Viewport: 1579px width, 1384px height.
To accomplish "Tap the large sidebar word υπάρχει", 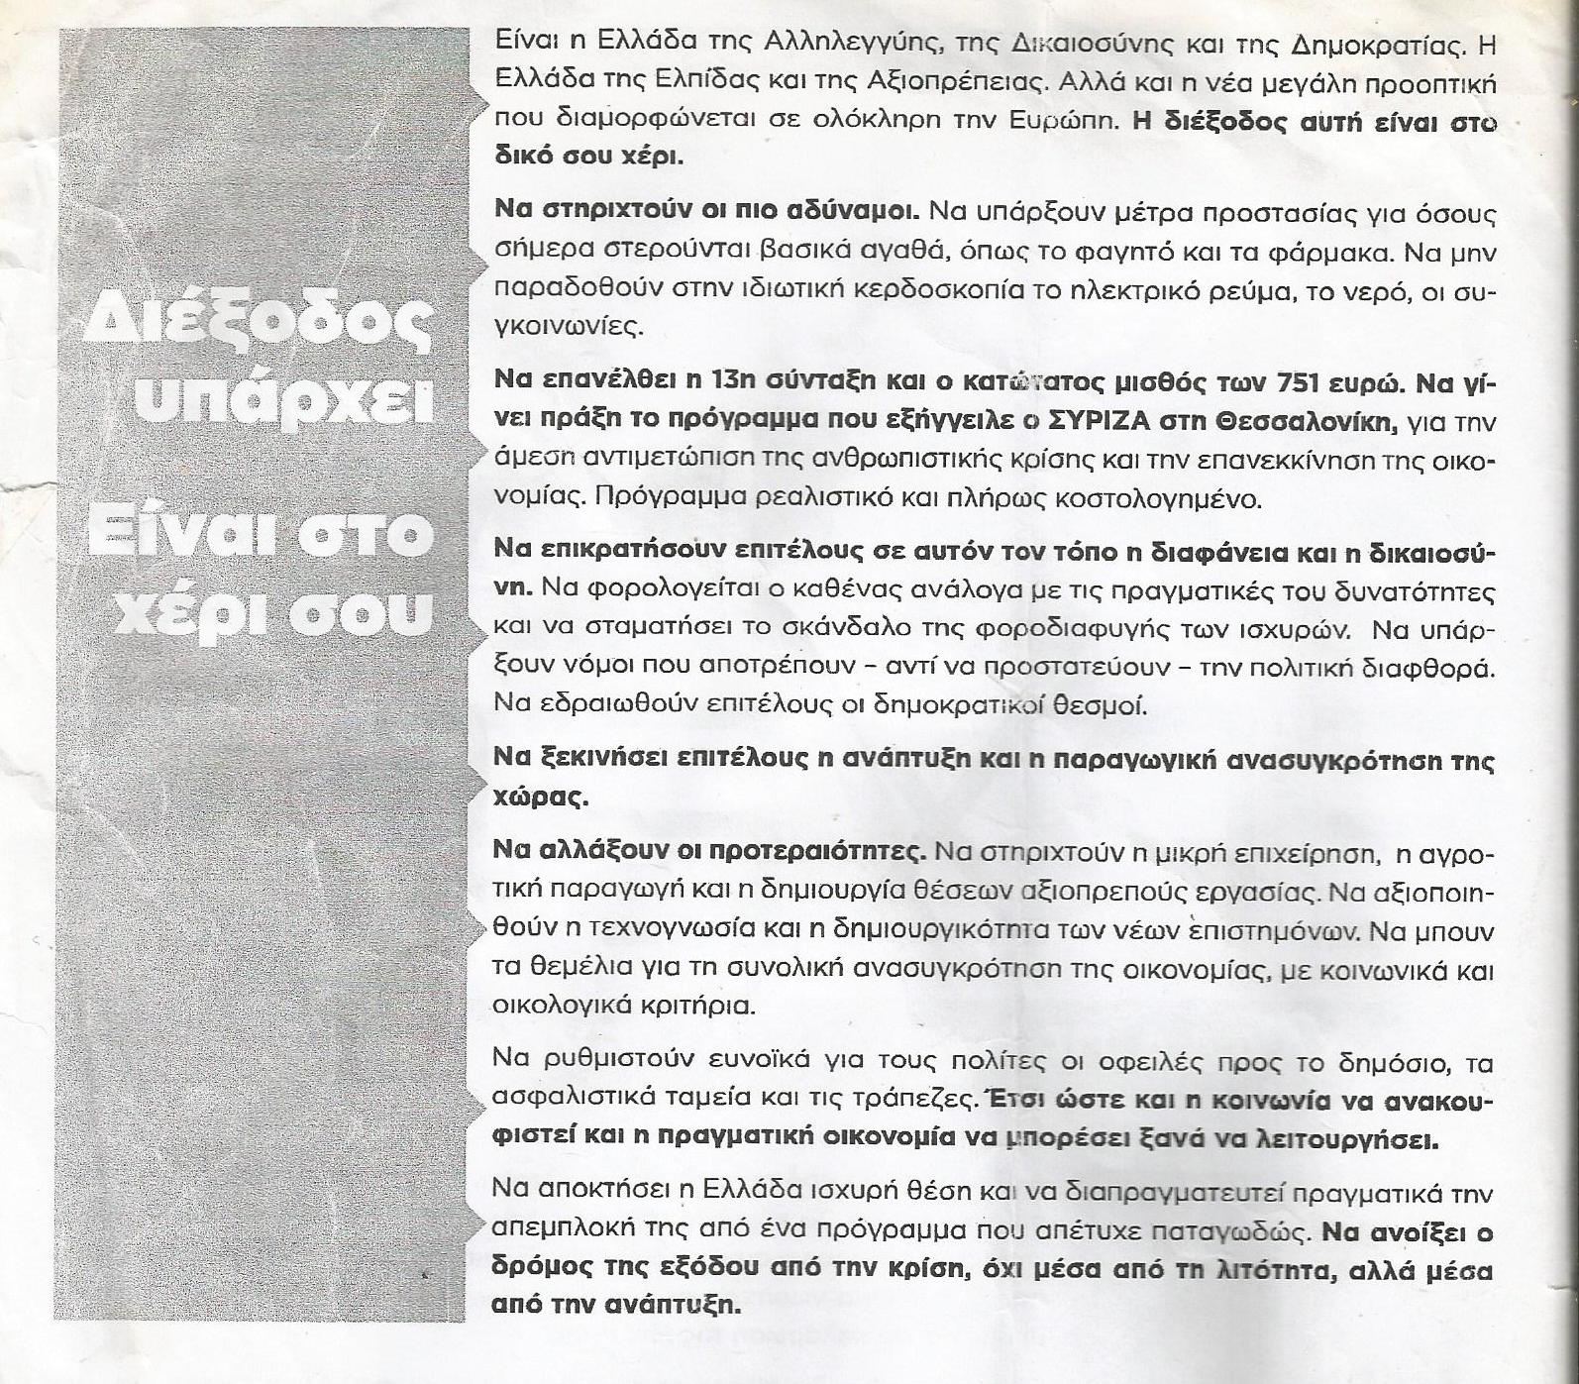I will point(286,400).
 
